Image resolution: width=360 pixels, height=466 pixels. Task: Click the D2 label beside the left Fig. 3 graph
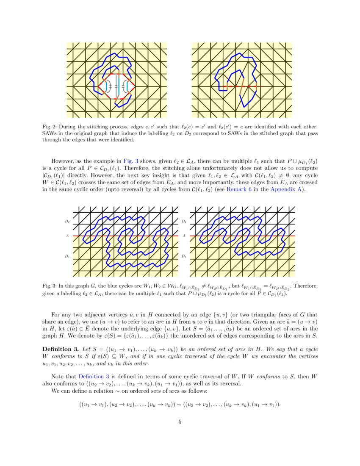pos(67,221)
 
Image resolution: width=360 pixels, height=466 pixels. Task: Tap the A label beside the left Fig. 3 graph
pos(67,236)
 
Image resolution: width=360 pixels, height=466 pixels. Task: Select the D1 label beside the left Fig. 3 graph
pos(67,256)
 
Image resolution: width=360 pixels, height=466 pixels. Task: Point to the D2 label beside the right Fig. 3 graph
pos(183,221)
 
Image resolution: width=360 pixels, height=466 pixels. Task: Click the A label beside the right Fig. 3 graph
pos(183,236)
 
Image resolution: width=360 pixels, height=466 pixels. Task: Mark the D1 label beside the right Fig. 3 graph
pos(183,256)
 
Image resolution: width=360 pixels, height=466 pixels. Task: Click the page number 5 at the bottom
pos(180,422)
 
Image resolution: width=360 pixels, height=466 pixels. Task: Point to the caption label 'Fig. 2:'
pos(50,127)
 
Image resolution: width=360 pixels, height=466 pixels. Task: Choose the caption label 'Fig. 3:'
pos(50,286)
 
